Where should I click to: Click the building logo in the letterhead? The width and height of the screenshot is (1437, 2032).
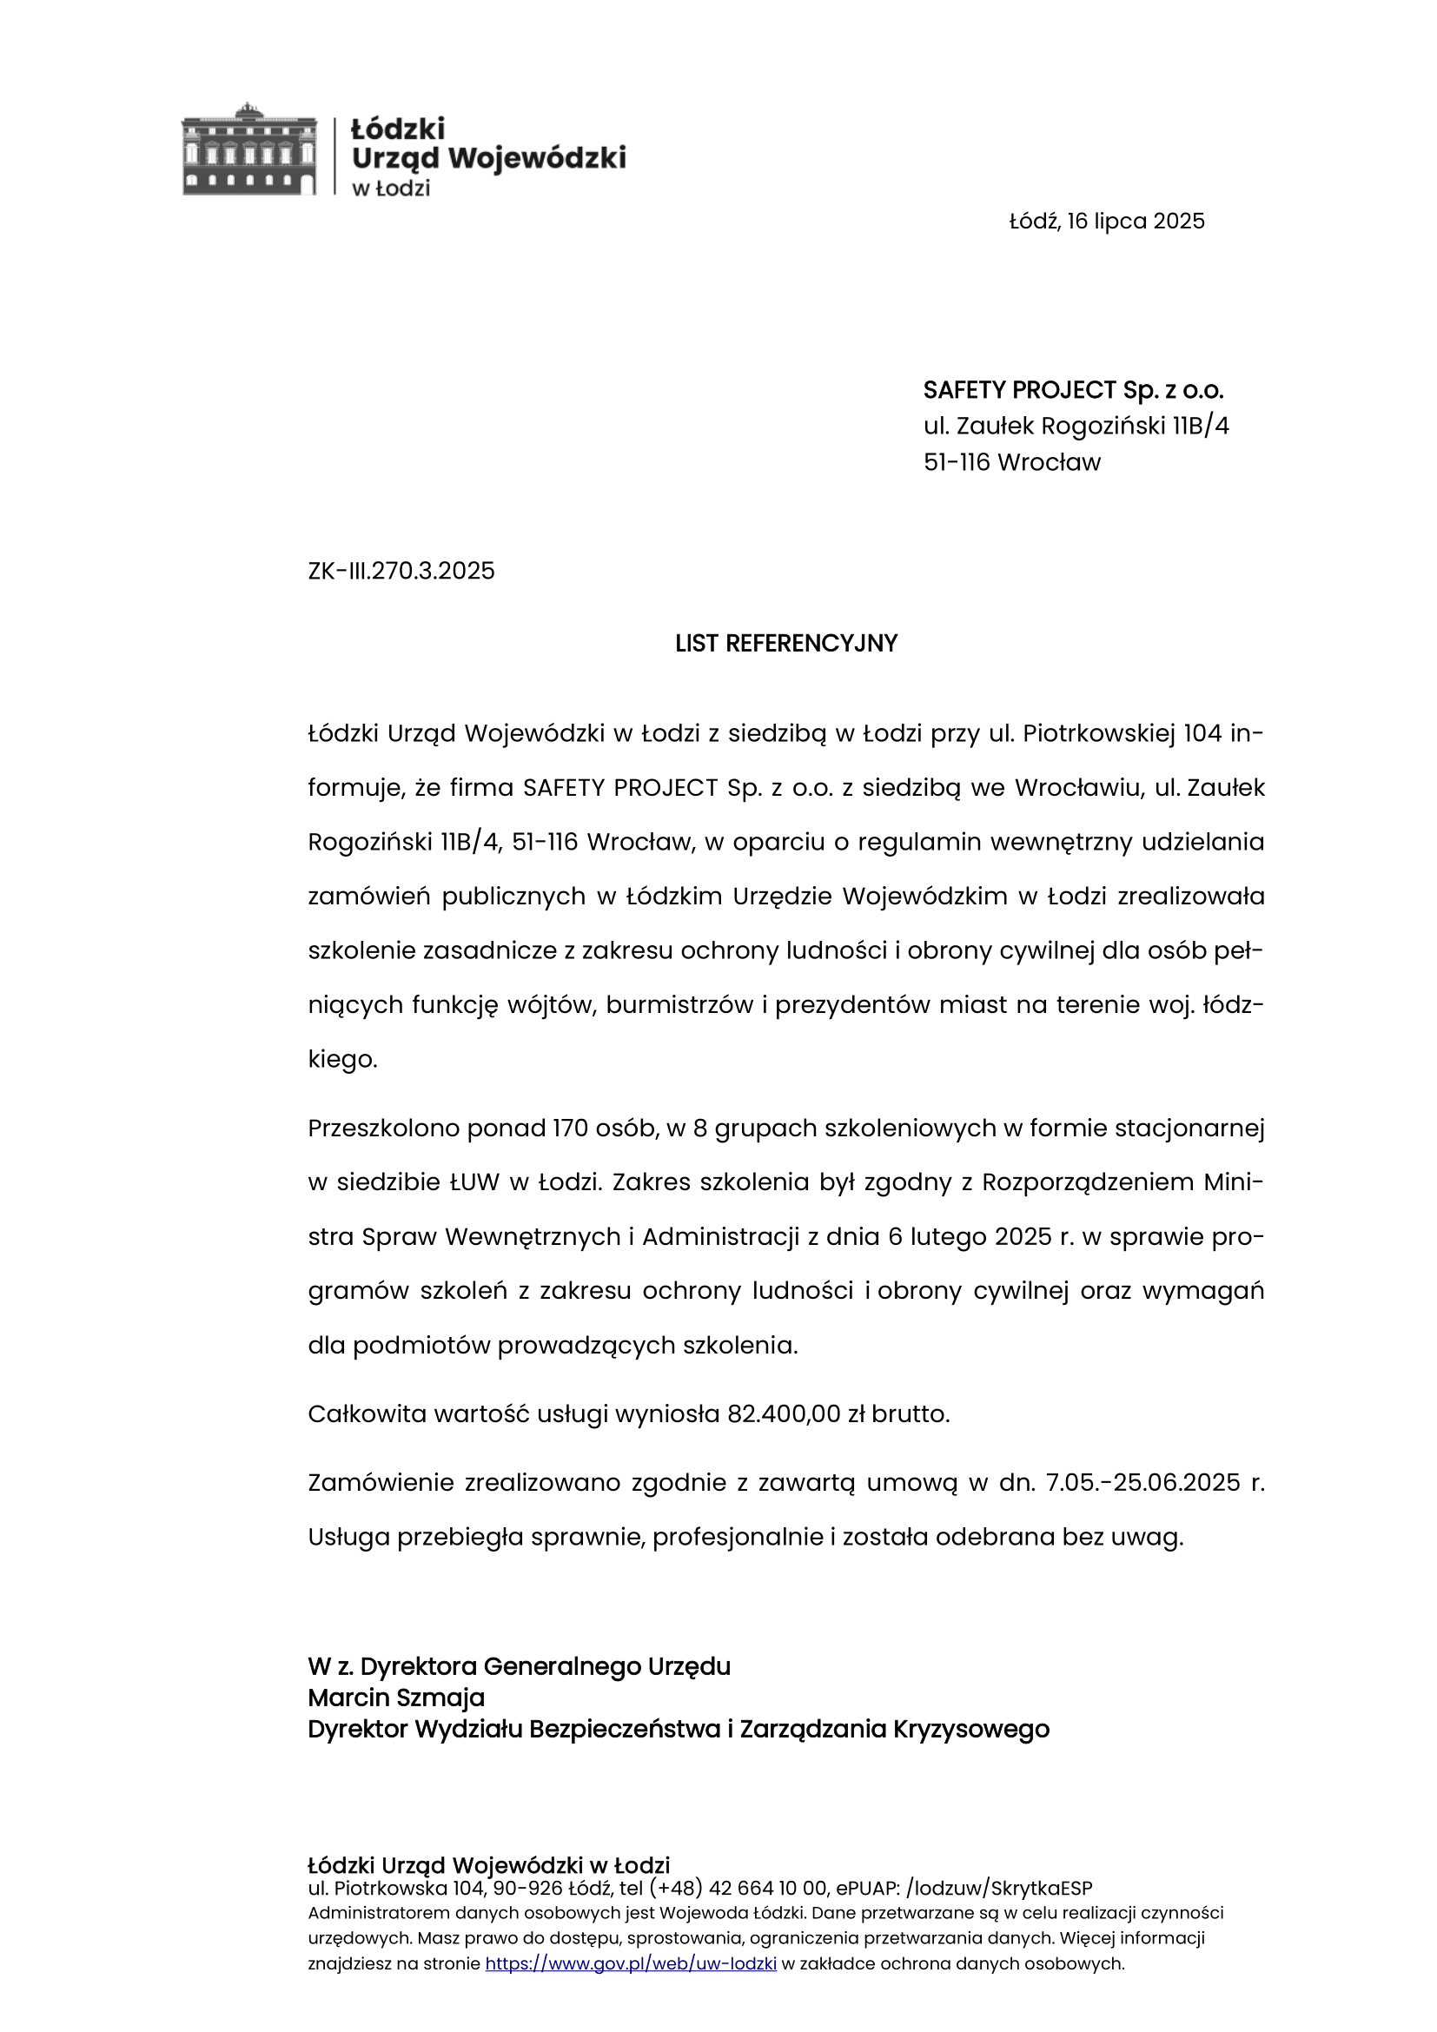point(248,149)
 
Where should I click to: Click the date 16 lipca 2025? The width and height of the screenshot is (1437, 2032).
point(1136,222)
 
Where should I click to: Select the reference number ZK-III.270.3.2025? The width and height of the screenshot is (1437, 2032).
point(401,571)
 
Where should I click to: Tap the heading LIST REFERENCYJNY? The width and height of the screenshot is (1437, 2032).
point(785,644)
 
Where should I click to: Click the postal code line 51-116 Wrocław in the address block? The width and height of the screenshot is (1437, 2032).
point(1011,462)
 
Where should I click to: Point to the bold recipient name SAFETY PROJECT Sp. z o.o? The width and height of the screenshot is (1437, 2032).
point(1072,390)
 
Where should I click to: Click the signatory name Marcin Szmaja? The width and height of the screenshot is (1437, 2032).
point(395,1698)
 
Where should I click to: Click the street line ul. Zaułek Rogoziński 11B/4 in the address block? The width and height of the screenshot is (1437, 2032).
point(1076,427)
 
